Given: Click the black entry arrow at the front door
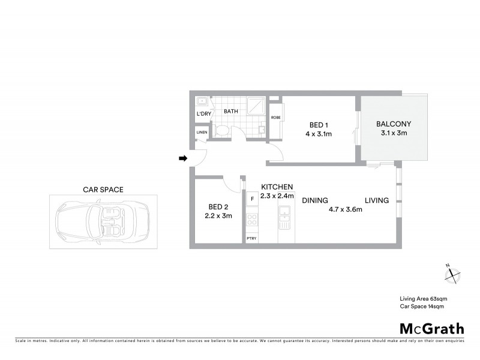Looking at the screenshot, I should (183, 158).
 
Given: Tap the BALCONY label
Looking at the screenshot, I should (394, 124).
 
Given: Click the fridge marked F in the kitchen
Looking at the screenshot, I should (252, 199).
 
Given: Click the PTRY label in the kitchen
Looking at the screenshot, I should (252, 238).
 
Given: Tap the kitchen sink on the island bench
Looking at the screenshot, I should (286, 214).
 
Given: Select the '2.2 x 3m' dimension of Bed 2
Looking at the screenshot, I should (218, 216).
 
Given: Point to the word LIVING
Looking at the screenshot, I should (377, 200).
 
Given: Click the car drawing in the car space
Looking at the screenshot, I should (103, 221).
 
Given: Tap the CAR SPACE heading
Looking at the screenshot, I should (103, 189).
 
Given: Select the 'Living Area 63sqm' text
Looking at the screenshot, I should (424, 298).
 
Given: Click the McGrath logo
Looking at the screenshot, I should (432, 328).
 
